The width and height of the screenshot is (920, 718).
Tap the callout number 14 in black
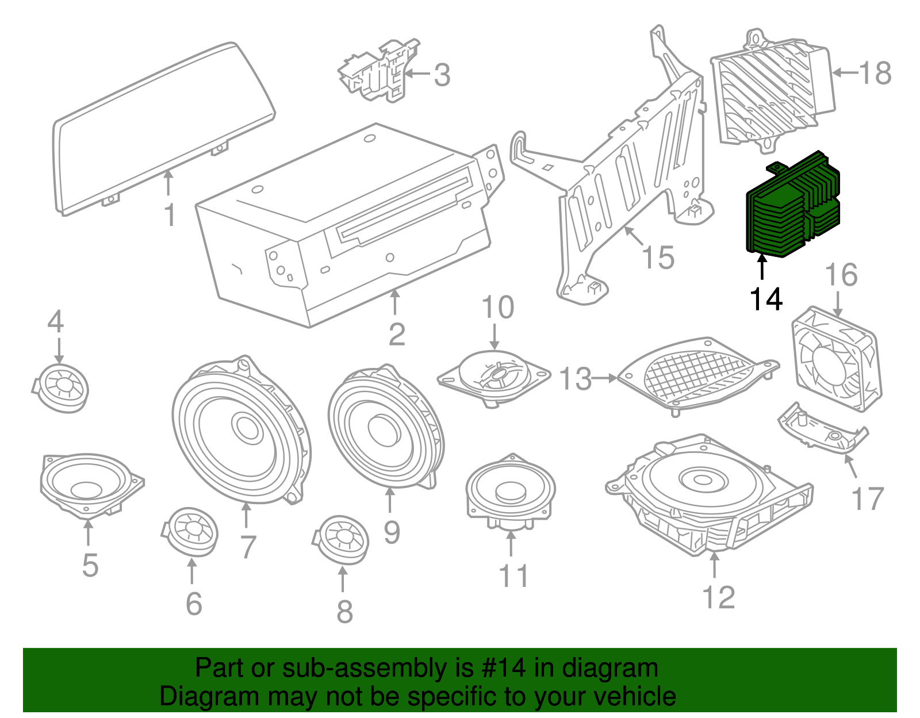pos(766,300)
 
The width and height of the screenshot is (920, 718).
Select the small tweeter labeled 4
pos(62,387)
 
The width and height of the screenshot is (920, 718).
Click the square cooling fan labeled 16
pos(837,359)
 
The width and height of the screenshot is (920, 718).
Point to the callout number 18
pos(875,74)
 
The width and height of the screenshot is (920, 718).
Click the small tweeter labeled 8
pos(342,539)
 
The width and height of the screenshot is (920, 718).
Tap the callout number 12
pos(719,598)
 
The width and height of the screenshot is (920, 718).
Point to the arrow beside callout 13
pos(604,378)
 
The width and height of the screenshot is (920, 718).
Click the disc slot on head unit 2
pos(402,210)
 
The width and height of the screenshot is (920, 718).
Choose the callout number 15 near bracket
pos(658,258)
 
